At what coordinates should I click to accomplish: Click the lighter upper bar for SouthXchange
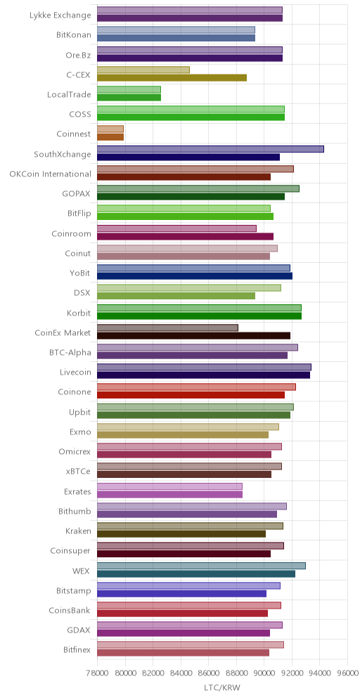click(210, 149)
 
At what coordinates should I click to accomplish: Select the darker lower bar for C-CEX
click(172, 78)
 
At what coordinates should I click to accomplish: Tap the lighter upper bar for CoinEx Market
click(167, 328)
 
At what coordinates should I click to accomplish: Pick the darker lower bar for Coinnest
click(110, 137)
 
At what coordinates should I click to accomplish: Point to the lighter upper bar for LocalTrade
click(129, 89)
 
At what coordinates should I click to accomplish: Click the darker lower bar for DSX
click(176, 296)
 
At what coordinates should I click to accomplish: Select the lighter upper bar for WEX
click(201, 566)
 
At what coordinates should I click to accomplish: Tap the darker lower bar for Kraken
click(181, 534)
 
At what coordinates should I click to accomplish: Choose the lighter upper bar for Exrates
click(169, 486)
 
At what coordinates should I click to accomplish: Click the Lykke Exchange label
click(60, 15)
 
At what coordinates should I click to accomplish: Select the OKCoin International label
click(51, 174)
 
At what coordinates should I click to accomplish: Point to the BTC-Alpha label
click(70, 352)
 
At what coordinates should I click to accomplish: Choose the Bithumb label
click(75, 511)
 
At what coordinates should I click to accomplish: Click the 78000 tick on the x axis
click(97, 673)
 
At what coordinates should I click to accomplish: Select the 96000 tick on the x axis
click(347, 673)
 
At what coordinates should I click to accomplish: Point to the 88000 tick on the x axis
click(236, 673)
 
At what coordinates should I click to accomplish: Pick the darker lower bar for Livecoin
click(203, 375)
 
